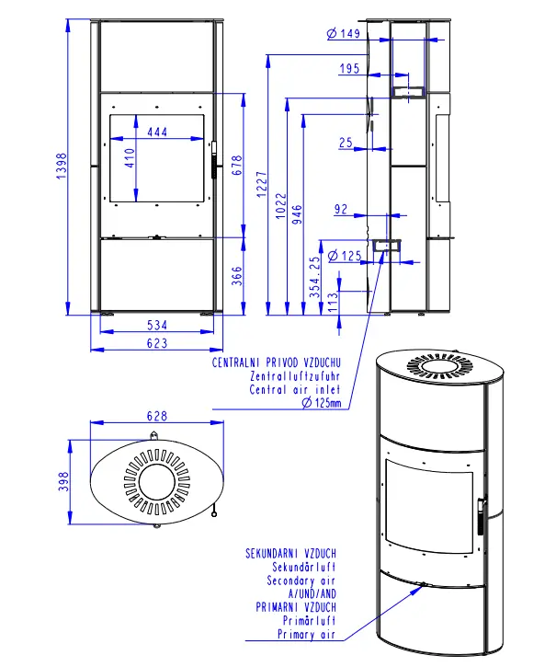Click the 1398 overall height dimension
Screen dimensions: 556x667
pos(62,166)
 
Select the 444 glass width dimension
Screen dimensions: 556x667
pos(157,132)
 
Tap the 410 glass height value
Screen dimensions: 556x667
pos(130,158)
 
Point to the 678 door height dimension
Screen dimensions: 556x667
pos(237,165)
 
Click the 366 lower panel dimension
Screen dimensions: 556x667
pos(237,276)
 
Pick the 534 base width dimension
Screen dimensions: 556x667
pos(157,326)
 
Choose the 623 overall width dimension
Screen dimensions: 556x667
pos(157,343)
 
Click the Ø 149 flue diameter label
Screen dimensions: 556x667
pos(344,33)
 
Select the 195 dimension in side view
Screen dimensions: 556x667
pos(349,68)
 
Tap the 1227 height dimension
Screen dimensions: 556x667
pos(262,184)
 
